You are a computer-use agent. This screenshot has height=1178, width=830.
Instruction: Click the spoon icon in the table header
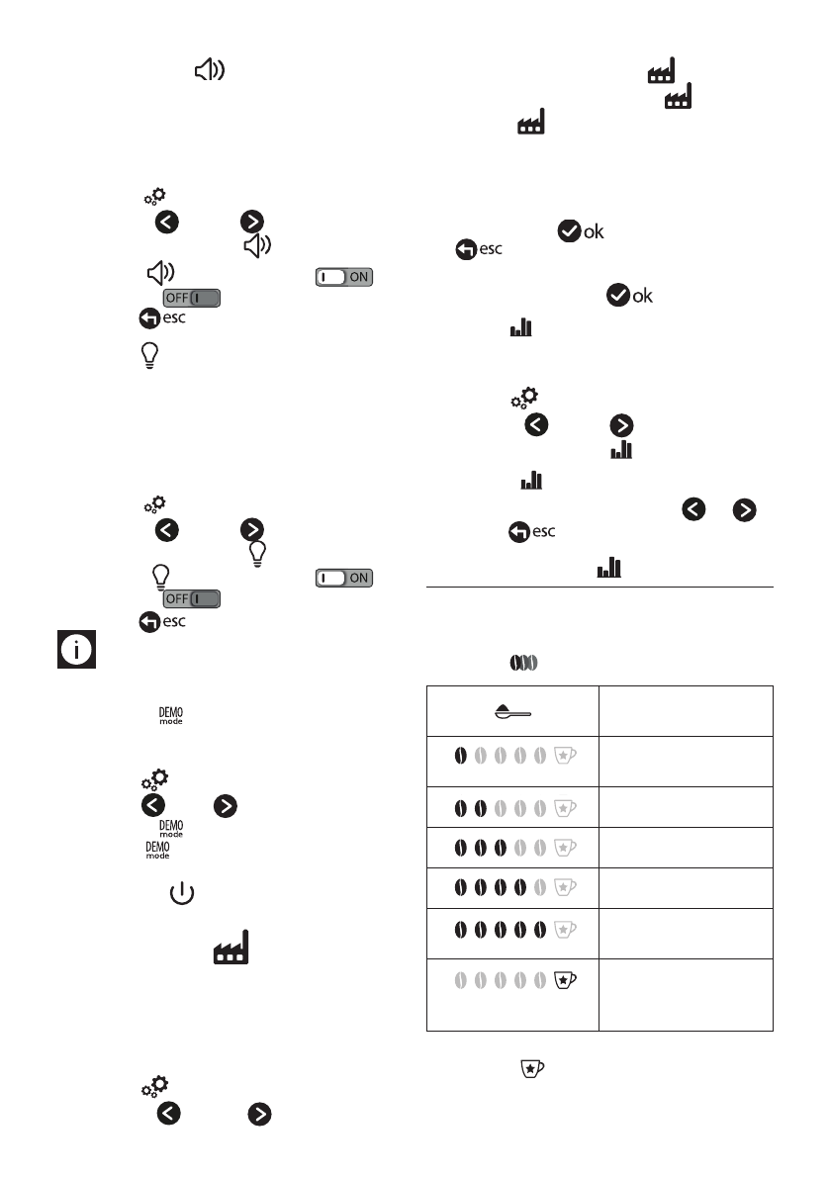point(512,711)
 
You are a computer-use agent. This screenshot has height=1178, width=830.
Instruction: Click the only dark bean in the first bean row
point(460,757)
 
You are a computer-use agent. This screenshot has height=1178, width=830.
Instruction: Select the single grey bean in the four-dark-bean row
point(540,887)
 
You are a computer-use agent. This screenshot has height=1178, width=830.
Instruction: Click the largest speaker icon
point(209,69)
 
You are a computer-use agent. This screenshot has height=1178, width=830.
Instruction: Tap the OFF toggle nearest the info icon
point(192,599)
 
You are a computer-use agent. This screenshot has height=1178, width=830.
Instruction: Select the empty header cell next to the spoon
point(685,711)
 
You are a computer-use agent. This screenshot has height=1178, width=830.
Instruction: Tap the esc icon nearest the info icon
point(162,621)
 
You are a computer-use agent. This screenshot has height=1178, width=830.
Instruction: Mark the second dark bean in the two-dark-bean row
point(480,808)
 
